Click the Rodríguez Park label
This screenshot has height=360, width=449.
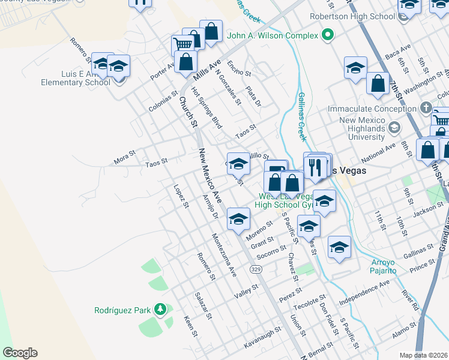pos(122,310)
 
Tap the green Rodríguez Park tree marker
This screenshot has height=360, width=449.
pos(160,310)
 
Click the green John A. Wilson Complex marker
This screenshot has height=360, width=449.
pos(327,35)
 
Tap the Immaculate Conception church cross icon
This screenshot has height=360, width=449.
pos(426,109)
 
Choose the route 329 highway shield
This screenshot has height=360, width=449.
pos(256,270)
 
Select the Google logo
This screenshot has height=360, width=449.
pos(20,353)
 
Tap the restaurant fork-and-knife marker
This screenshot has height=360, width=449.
pos(317,166)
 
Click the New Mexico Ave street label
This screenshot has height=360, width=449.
pos(211,175)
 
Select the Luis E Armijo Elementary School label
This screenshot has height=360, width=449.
pos(76,78)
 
